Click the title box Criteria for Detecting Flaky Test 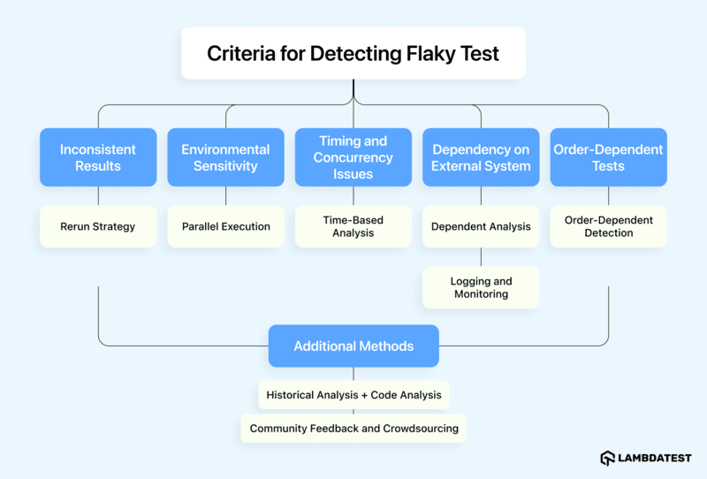click(353, 53)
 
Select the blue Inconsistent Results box click(98, 157)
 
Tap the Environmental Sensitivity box click(225, 157)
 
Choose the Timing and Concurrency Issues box click(353, 157)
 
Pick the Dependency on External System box click(481, 157)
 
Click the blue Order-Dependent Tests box click(608, 157)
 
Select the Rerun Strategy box click(98, 226)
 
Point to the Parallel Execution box click(225, 226)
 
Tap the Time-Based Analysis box click(353, 226)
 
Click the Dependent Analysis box click(481, 226)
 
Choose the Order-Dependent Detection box click(608, 226)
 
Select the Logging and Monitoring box click(481, 287)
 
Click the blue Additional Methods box click(353, 346)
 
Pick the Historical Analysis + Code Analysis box click(353, 395)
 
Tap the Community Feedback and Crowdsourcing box click(353, 429)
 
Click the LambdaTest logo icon click(608, 458)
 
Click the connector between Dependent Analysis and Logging click(481, 256)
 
